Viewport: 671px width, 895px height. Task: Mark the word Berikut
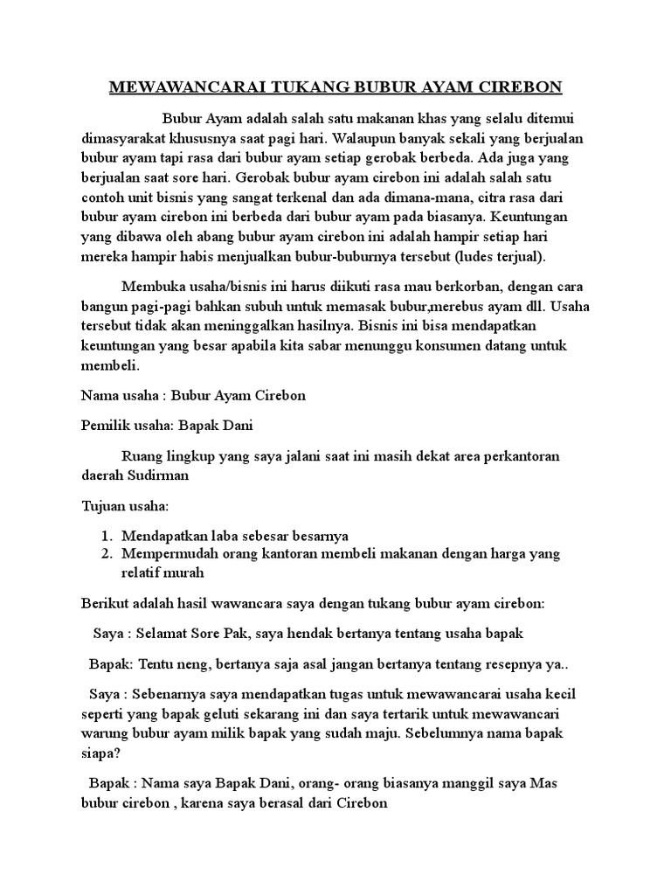(x=103, y=603)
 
